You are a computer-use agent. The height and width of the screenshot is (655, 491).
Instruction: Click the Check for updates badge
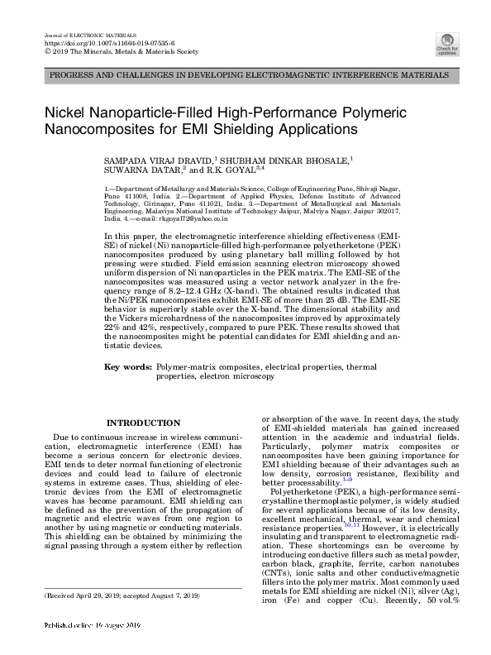446,44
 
